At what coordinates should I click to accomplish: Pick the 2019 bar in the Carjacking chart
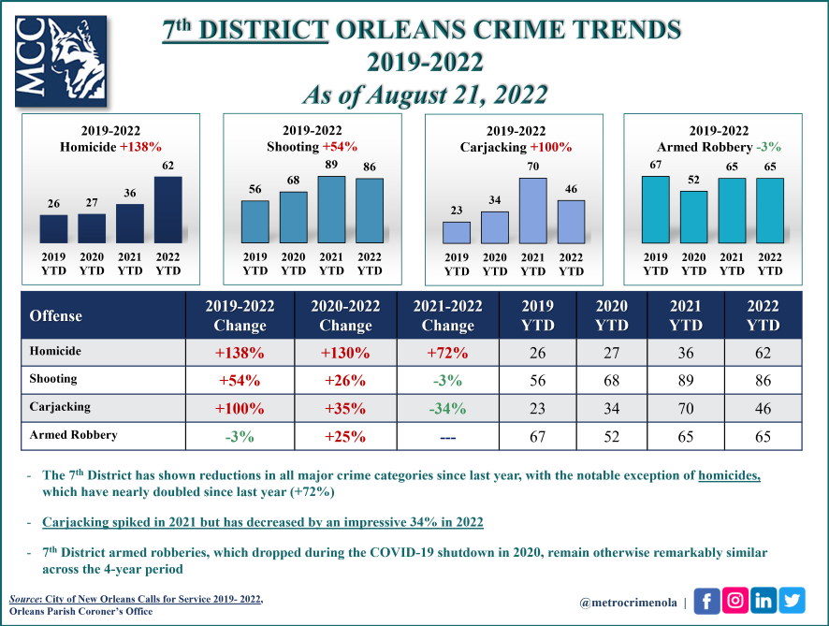pyautogui.click(x=457, y=233)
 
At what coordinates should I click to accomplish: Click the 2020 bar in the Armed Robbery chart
pyautogui.click(x=694, y=218)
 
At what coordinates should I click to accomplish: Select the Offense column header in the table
pyautogui.click(x=57, y=316)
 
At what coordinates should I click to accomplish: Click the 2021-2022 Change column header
pyautogui.click(x=447, y=316)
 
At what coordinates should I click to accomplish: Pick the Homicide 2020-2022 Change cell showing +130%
pyautogui.click(x=345, y=353)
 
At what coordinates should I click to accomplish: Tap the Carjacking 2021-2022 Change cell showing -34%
pyautogui.click(x=447, y=408)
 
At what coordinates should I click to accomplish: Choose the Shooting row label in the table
pyautogui.click(x=54, y=380)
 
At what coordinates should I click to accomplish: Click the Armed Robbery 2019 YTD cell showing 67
pyautogui.click(x=537, y=436)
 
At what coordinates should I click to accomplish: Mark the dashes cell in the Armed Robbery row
pyautogui.click(x=447, y=436)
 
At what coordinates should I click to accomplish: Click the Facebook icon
pyautogui.click(x=706, y=601)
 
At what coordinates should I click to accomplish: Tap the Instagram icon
pyautogui.click(x=735, y=601)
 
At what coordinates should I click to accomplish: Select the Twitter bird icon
pyautogui.click(x=793, y=601)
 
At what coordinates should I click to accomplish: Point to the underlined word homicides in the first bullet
pyautogui.click(x=730, y=474)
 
